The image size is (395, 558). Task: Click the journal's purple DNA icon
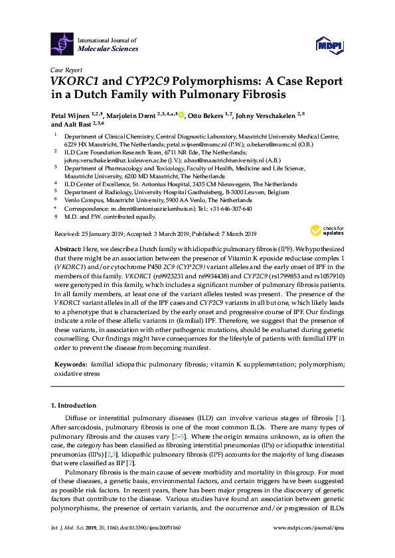(x=62, y=44)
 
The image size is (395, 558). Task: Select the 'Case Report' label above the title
(x=66, y=69)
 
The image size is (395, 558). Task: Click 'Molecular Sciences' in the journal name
(x=108, y=49)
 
